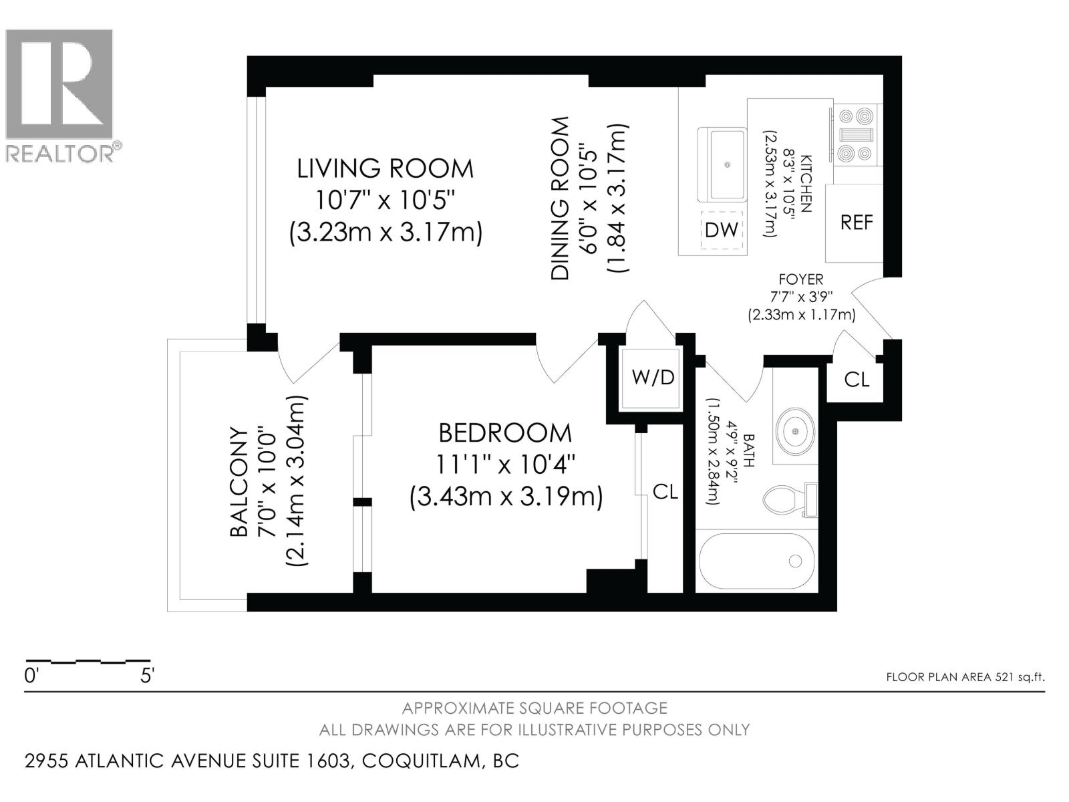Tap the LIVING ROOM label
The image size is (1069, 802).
coord(385,168)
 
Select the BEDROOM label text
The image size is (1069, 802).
coord(505,433)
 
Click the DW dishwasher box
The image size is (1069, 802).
coord(722,230)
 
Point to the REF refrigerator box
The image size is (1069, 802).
coord(856,223)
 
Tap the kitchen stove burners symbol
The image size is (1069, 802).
coord(857,135)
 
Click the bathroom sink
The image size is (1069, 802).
coord(795,431)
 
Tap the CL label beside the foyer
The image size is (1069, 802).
coord(857,380)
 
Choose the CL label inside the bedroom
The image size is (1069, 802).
coord(665,493)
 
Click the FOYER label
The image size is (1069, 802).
coord(801,279)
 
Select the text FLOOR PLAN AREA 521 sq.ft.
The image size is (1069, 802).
coord(965,677)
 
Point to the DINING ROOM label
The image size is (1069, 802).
coord(560,198)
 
